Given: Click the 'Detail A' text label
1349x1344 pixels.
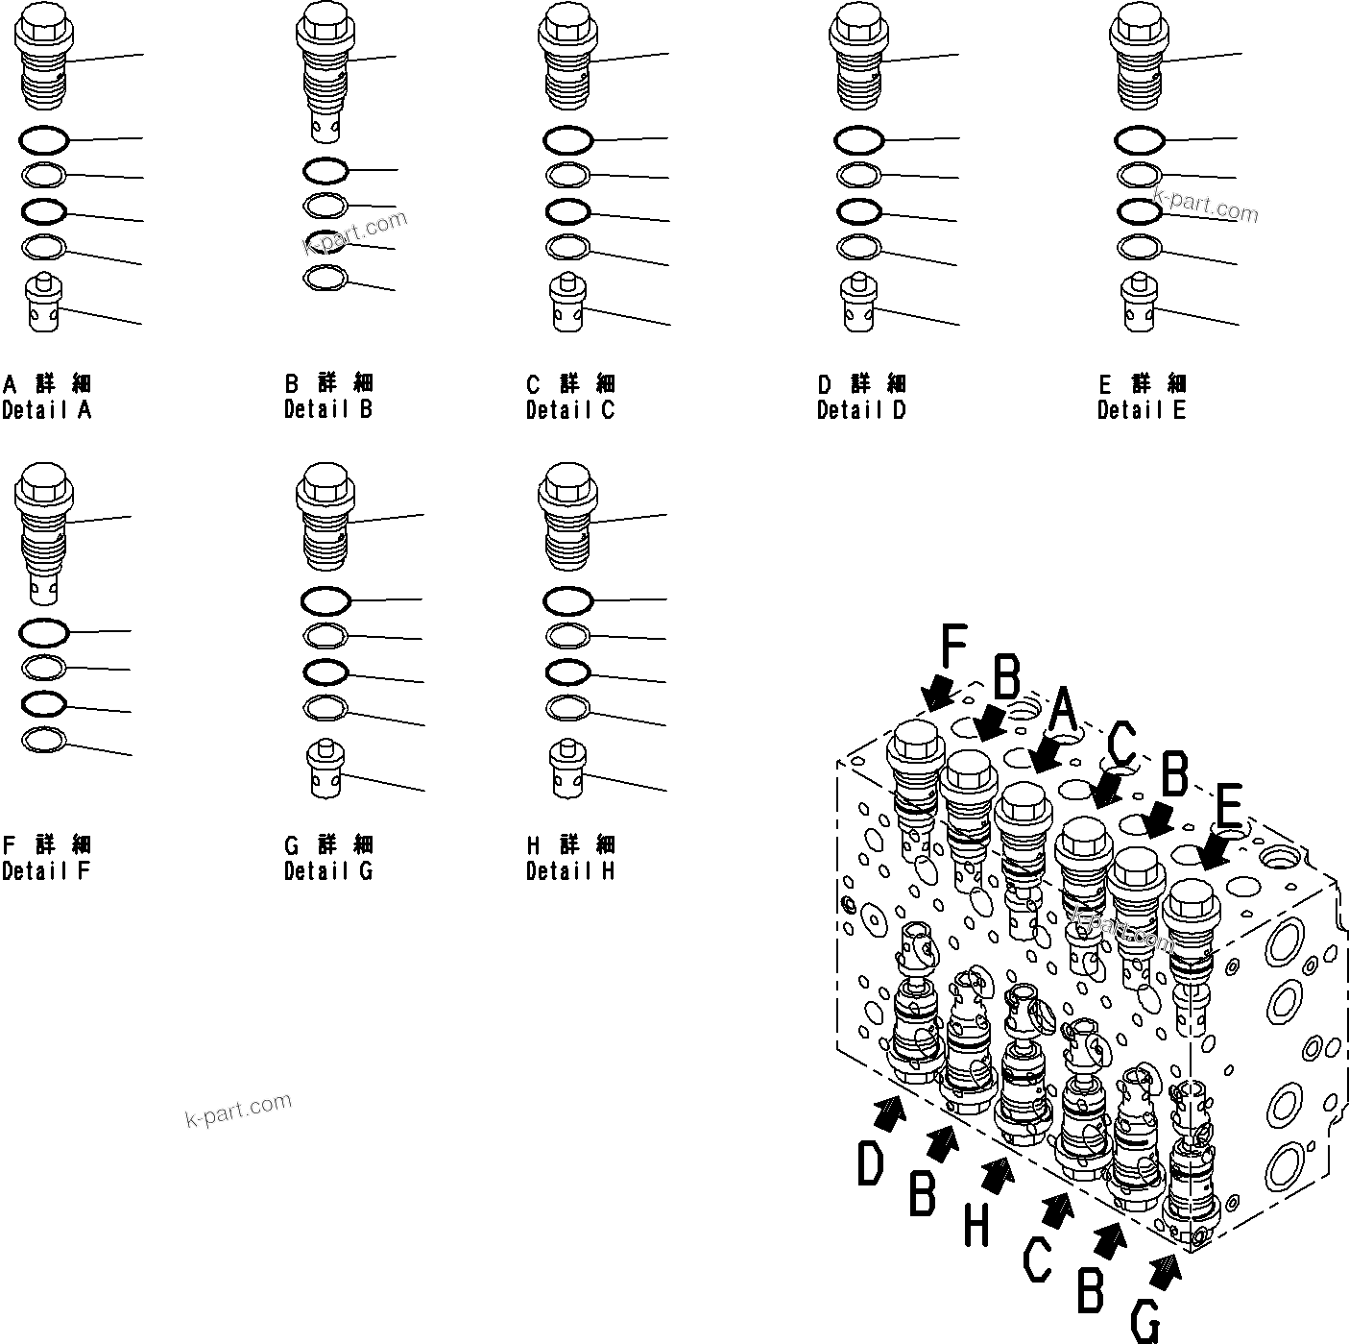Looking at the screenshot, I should (x=46, y=410).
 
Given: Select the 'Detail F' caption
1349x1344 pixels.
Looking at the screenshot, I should (x=45, y=871).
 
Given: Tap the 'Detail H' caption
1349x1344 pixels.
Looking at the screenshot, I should (x=569, y=871).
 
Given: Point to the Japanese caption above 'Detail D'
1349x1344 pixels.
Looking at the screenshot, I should (x=861, y=384).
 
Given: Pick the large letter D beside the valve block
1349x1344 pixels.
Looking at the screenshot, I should (x=870, y=1165).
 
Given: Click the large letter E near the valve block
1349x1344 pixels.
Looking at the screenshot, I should (x=1230, y=807).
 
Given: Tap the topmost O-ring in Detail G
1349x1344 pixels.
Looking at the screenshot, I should (x=325, y=601).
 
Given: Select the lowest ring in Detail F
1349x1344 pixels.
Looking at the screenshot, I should (x=44, y=741).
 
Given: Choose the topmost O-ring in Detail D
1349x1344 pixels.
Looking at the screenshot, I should (x=859, y=140).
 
